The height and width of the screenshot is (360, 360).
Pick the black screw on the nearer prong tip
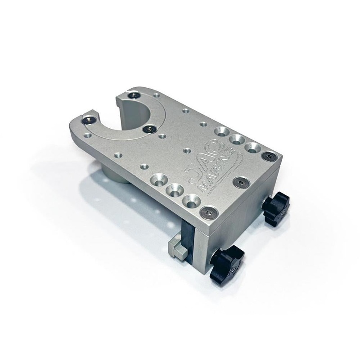point(90,120)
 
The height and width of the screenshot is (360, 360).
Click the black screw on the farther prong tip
point(134,95)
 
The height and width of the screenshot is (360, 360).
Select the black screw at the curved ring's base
point(149,129)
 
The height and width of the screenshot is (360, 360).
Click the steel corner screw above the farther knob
point(270,156)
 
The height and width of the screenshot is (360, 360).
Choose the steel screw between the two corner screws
point(242,182)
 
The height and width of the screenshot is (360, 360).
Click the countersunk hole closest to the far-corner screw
point(252,148)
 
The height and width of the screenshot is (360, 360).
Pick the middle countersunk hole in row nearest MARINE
point(174,189)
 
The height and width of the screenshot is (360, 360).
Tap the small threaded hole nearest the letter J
point(187,150)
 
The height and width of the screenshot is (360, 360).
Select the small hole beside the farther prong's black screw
point(156,95)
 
